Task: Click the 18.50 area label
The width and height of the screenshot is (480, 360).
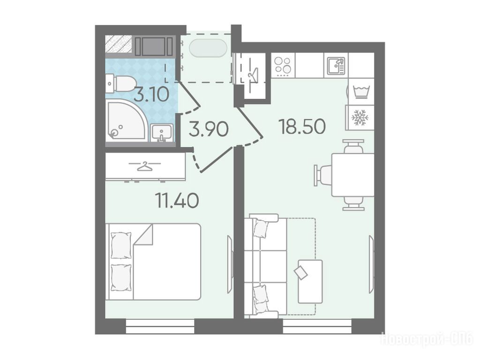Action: [x=302, y=127]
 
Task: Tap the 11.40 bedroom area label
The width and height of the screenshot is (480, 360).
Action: [x=178, y=201]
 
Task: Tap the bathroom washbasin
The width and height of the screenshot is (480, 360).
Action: [x=162, y=133]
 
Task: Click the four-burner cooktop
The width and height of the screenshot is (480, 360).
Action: [x=283, y=66]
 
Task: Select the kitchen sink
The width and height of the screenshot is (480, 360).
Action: [x=336, y=66]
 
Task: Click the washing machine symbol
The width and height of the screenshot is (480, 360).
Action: [x=361, y=91]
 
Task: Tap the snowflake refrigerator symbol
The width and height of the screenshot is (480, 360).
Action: [x=360, y=118]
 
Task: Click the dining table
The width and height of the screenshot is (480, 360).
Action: [x=353, y=175]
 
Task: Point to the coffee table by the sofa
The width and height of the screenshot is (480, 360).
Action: [x=310, y=281]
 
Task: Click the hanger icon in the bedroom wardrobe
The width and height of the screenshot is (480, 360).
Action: [x=145, y=166]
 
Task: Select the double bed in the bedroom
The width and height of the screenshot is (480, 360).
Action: [x=153, y=262]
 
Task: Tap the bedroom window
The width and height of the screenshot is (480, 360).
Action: [x=160, y=326]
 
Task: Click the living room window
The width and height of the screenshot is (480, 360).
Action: [x=317, y=326]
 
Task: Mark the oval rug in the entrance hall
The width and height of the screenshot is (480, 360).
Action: [x=208, y=48]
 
